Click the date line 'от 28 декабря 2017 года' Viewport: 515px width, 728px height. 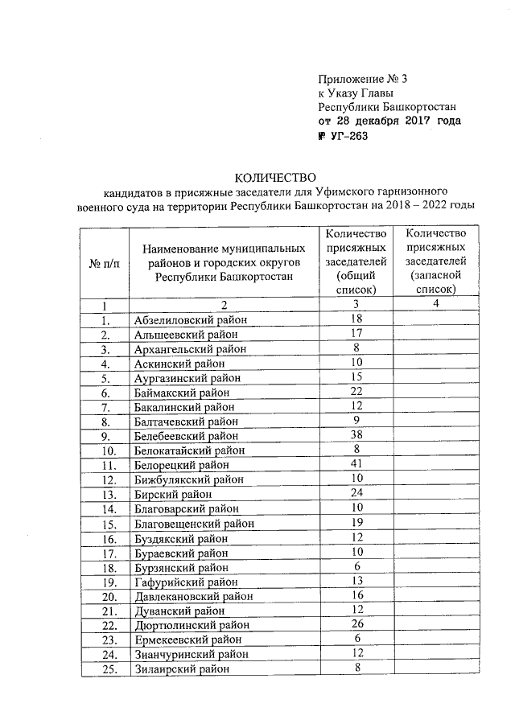click(389, 121)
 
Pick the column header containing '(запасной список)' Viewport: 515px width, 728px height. click(435, 261)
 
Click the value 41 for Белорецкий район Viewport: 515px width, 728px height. click(357, 464)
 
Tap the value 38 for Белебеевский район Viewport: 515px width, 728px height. click(357, 435)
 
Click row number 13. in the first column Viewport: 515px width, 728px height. click(105, 494)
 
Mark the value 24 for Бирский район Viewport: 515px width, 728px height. click(357, 493)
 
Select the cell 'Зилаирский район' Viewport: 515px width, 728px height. click(182, 668)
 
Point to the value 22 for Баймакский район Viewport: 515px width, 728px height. click(357, 392)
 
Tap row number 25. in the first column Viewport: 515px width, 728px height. click(105, 668)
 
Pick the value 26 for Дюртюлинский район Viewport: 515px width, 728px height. click(357, 623)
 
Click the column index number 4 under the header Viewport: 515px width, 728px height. click(435, 303)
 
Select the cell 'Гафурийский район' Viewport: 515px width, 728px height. click(184, 582)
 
